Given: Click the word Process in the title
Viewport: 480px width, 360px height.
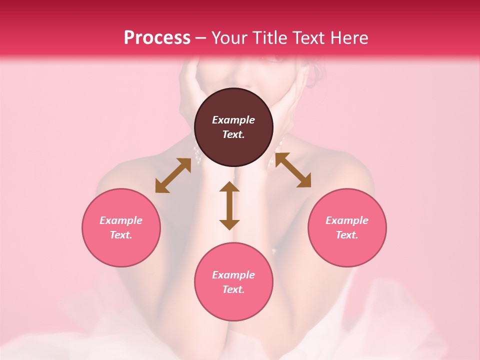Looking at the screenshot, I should [157, 38].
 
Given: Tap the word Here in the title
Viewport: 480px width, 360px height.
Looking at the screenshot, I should [347, 38].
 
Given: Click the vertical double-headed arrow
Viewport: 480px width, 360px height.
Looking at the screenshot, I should [229, 206].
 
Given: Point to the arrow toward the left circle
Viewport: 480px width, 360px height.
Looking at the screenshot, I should [173, 175].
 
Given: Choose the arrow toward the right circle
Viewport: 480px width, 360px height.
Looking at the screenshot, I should [293, 170].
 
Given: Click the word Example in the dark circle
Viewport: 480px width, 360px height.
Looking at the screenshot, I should [233, 120].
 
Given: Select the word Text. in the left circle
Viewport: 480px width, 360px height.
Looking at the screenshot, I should [121, 235].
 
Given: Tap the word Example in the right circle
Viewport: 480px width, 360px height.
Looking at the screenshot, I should [347, 220].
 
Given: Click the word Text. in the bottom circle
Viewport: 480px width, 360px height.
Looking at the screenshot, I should [233, 289].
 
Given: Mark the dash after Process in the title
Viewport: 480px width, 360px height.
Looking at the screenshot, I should [200, 38].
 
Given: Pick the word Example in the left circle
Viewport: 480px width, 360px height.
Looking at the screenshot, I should [121, 220].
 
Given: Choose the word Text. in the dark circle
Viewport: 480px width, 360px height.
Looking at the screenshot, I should [233, 134].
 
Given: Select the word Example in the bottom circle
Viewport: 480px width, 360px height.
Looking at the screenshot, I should [233, 275].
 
